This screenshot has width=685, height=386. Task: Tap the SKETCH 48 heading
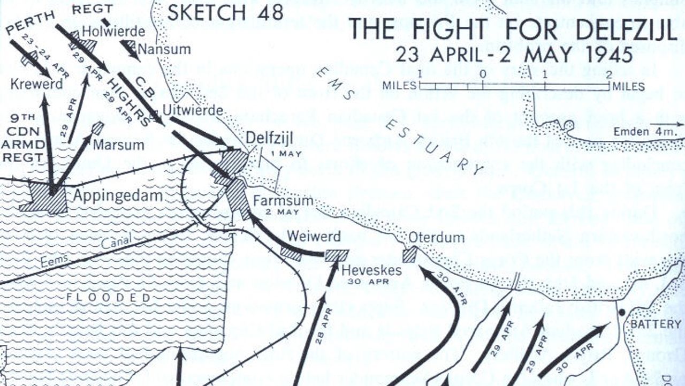225,12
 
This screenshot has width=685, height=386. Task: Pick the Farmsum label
275,202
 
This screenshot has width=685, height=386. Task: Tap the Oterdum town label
436,237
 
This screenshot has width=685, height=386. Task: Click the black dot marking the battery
621,312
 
